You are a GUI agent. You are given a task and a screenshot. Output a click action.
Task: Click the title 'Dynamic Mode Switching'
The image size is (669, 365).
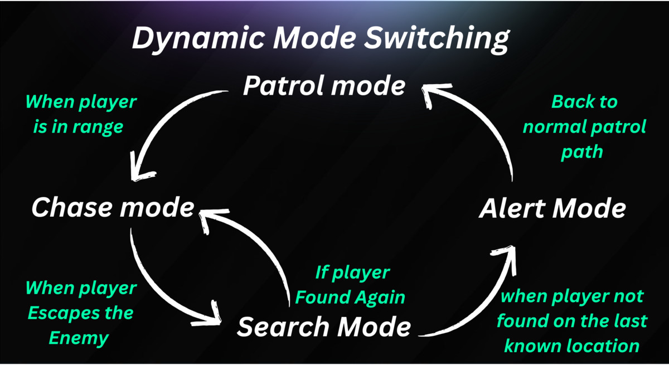(321, 40)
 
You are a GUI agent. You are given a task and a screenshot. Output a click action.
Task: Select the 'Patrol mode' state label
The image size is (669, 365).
(324, 87)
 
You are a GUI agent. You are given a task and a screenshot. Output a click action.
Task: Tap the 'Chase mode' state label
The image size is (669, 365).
(113, 208)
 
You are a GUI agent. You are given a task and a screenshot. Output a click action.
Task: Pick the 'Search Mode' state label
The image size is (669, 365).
(324, 326)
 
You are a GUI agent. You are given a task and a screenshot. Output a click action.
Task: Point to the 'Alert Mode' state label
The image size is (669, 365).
(552, 209)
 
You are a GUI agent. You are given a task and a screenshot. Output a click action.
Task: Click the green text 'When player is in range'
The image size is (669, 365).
(81, 115)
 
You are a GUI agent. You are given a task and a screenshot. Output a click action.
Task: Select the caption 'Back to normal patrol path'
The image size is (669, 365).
(584, 126)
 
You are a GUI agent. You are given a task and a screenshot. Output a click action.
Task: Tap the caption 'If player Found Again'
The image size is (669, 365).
(350, 285)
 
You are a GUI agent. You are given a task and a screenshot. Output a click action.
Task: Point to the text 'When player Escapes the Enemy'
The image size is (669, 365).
(81, 313)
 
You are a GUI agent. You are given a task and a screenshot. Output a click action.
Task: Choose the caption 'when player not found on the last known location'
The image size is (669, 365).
(572, 321)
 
